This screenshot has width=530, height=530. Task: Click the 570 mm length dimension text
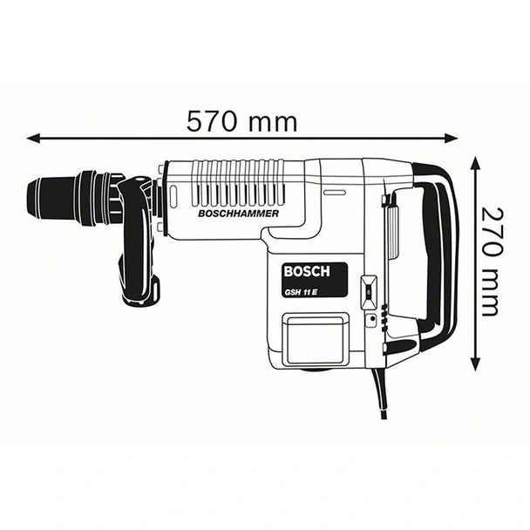tap(241, 121)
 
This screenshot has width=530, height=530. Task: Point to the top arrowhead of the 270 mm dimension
tap(475, 163)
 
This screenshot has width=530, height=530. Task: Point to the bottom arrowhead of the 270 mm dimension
tap(475, 367)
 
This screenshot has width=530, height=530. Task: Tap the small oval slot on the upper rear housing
tap(332, 192)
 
